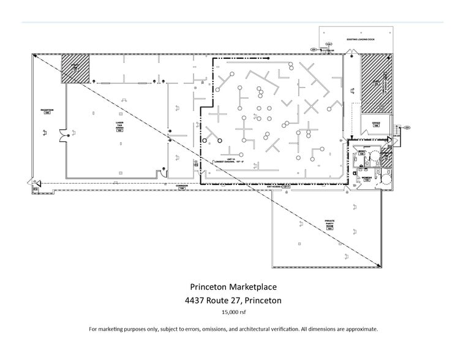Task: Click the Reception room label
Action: point(47,111)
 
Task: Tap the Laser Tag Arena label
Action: point(119,126)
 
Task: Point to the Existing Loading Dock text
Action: point(359,40)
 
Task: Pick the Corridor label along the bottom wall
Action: point(181,186)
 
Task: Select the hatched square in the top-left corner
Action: point(75,69)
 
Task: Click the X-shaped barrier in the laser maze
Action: point(312,107)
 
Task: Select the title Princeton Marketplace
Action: point(232,287)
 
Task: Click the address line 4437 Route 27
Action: point(232,301)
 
